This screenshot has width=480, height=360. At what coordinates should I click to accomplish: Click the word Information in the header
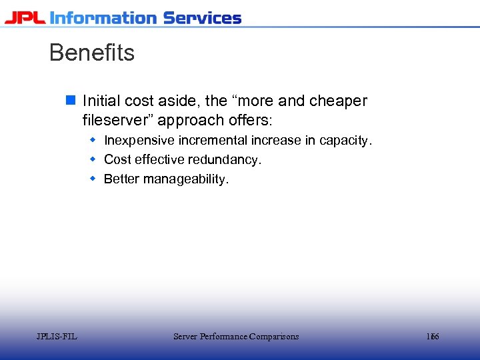[x=103, y=17]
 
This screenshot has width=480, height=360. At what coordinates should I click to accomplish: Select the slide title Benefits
[x=92, y=53]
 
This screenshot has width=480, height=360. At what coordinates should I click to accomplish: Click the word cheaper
[x=338, y=101]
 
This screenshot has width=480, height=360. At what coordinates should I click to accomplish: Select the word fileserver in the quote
[x=117, y=121]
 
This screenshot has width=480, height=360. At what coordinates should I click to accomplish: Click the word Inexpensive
[x=139, y=141]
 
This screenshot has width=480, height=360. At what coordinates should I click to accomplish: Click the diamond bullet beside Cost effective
[x=93, y=159]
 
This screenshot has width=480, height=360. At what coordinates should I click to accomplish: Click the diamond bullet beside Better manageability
[x=93, y=179]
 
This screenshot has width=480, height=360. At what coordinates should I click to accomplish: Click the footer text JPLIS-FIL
[x=57, y=337]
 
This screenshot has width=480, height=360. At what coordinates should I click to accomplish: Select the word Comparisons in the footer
[x=274, y=337]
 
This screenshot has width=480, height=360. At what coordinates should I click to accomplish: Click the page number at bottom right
[x=433, y=337]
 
